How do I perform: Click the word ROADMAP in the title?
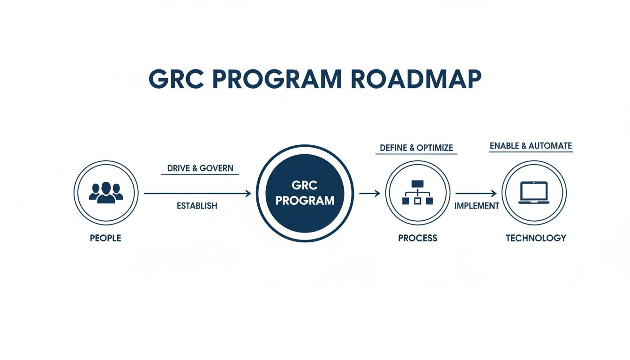point(416,80)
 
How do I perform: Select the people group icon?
point(105,193)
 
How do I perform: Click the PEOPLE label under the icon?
point(105,238)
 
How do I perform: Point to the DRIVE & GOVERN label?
point(200,168)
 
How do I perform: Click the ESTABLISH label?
point(197,205)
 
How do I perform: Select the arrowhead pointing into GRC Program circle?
point(248,193)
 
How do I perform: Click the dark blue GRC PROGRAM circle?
point(305,193)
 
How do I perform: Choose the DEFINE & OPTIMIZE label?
point(416,148)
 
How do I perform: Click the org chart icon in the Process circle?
point(417,193)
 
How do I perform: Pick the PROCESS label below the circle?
point(418,238)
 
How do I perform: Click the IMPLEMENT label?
point(477,206)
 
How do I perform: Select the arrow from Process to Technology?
point(476,193)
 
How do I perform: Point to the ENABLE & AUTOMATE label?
point(531,146)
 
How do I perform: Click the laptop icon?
point(534,193)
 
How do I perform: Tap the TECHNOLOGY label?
point(536,238)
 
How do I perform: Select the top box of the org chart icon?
point(417,184)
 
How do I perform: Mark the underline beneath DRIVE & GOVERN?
point(200,175)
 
